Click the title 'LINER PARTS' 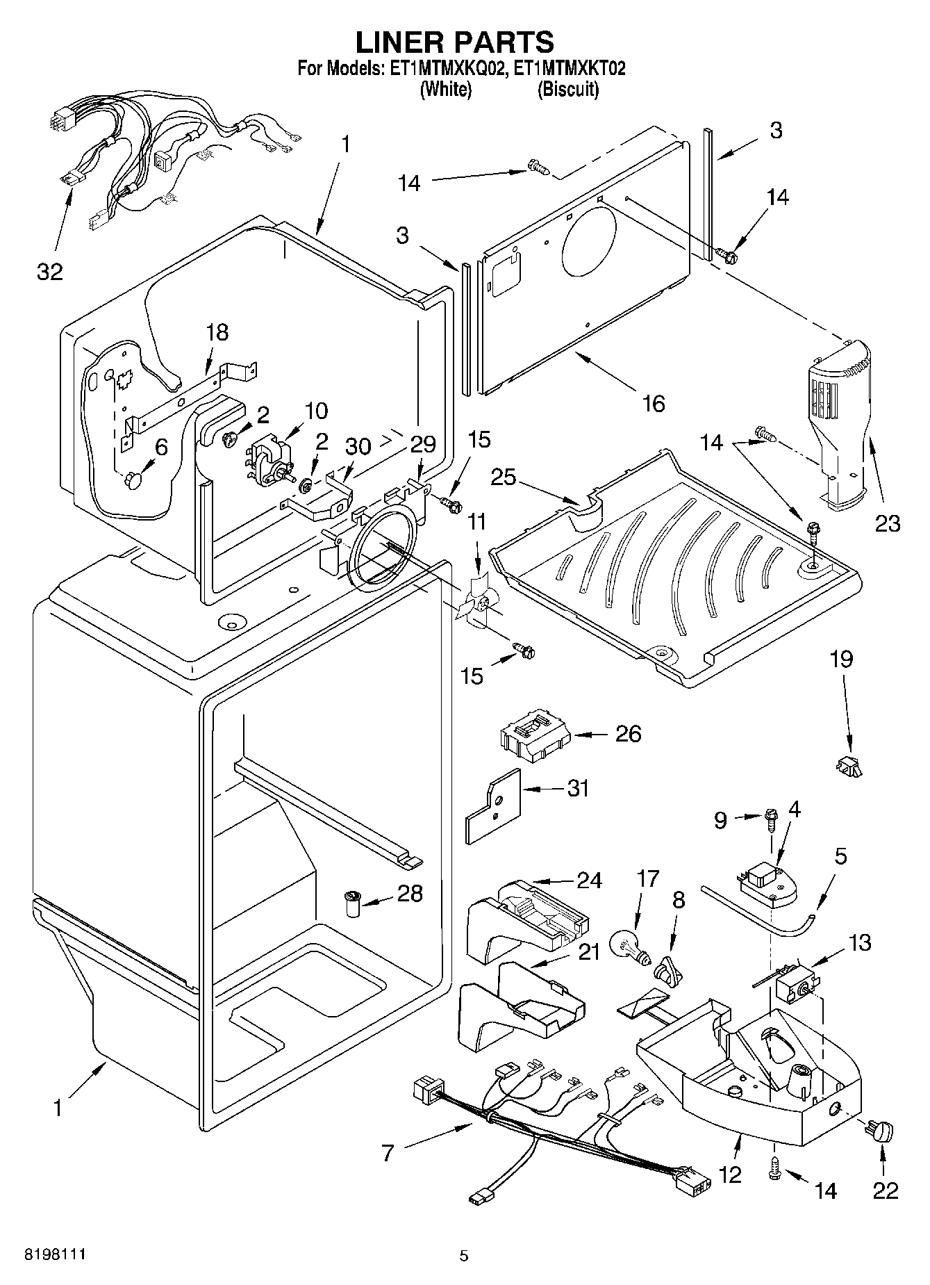pyautogui.click(x=455, y=42)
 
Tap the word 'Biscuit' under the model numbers pyautogui.click(x=567, y=89)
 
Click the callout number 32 pyautogui.click(x=49, y=272)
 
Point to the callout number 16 pyautogui.click(x=654, y=403)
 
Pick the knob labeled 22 pyautogui.click(x=879, y=1131)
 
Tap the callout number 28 pyautogui.click(x=409, y=893)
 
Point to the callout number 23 pyautogui.click(x=887, y=523)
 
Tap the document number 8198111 pyautogui.click(x=55, y=1254)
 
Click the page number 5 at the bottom pyautogui.click(x=464, y=1255)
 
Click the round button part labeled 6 pyautogui.click(x=134, y=479)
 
